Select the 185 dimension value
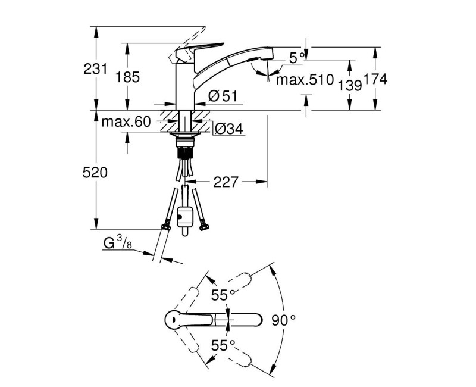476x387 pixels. coord(127,77)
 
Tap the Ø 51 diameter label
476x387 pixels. coord(223,96)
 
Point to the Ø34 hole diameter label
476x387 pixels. coord(229,129)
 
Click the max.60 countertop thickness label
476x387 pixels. coord(126,122)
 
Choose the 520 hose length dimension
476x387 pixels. coord(95,173)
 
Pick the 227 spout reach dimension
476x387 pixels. coord(226,182)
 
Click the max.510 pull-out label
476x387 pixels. coord(305,80)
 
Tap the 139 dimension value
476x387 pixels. coord(350,85)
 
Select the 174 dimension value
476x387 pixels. coord(375,79)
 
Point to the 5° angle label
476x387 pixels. coord(296,58)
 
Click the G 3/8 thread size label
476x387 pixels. coord(118,243)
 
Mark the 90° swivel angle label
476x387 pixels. coord(284,320)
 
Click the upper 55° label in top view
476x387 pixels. coord(223,295)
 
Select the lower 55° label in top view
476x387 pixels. coord(223,345)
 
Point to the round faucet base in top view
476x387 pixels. coord(174,320)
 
